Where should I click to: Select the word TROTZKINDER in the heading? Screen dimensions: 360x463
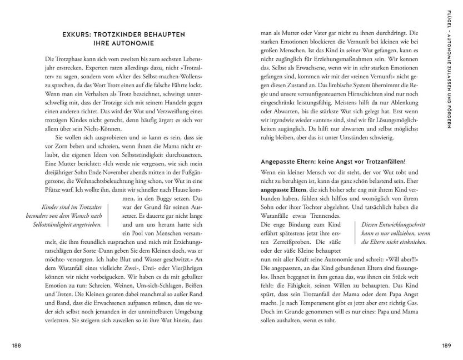click(x=121, y=35)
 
